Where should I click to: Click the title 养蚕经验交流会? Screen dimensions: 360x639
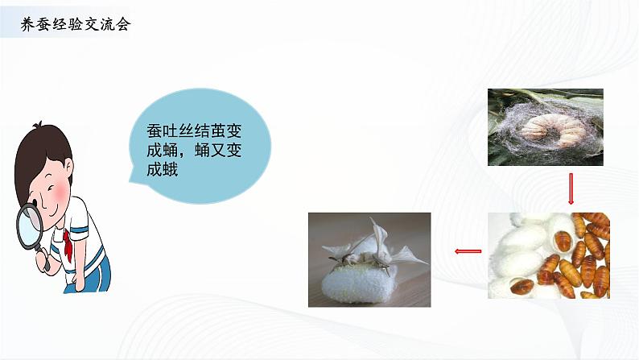[x=75, y=24]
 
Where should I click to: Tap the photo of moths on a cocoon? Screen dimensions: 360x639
[x=369, y=259]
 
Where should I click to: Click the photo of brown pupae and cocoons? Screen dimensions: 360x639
[x=548, y=255]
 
